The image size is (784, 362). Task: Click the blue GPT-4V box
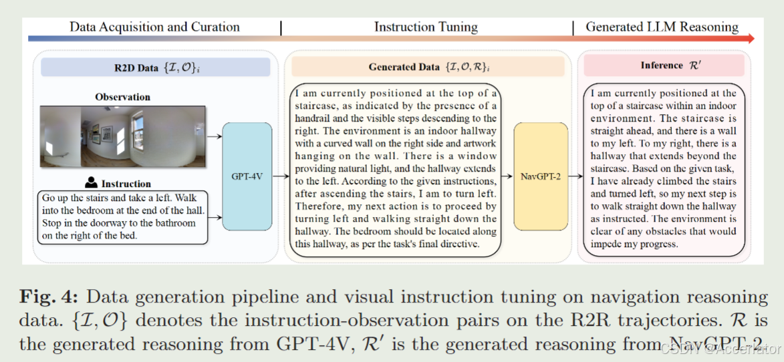click(247, 176)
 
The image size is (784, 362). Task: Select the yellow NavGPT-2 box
click(541, 176)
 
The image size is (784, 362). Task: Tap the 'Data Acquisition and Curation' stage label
click(154, 27)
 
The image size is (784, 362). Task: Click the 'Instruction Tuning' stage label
click(426, 27)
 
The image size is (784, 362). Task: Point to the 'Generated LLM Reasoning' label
click(662, 27)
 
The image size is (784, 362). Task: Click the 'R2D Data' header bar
click(155, 67)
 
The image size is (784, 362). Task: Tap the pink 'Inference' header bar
click(662, 65)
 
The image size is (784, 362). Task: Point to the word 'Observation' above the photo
click(122, 97)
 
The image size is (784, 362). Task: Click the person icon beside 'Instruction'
click(92, 182)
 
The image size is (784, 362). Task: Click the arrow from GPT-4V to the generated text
click(281, 176)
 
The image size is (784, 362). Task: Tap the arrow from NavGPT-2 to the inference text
click(573, 176)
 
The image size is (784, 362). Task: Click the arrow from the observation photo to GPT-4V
click(215, 136)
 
